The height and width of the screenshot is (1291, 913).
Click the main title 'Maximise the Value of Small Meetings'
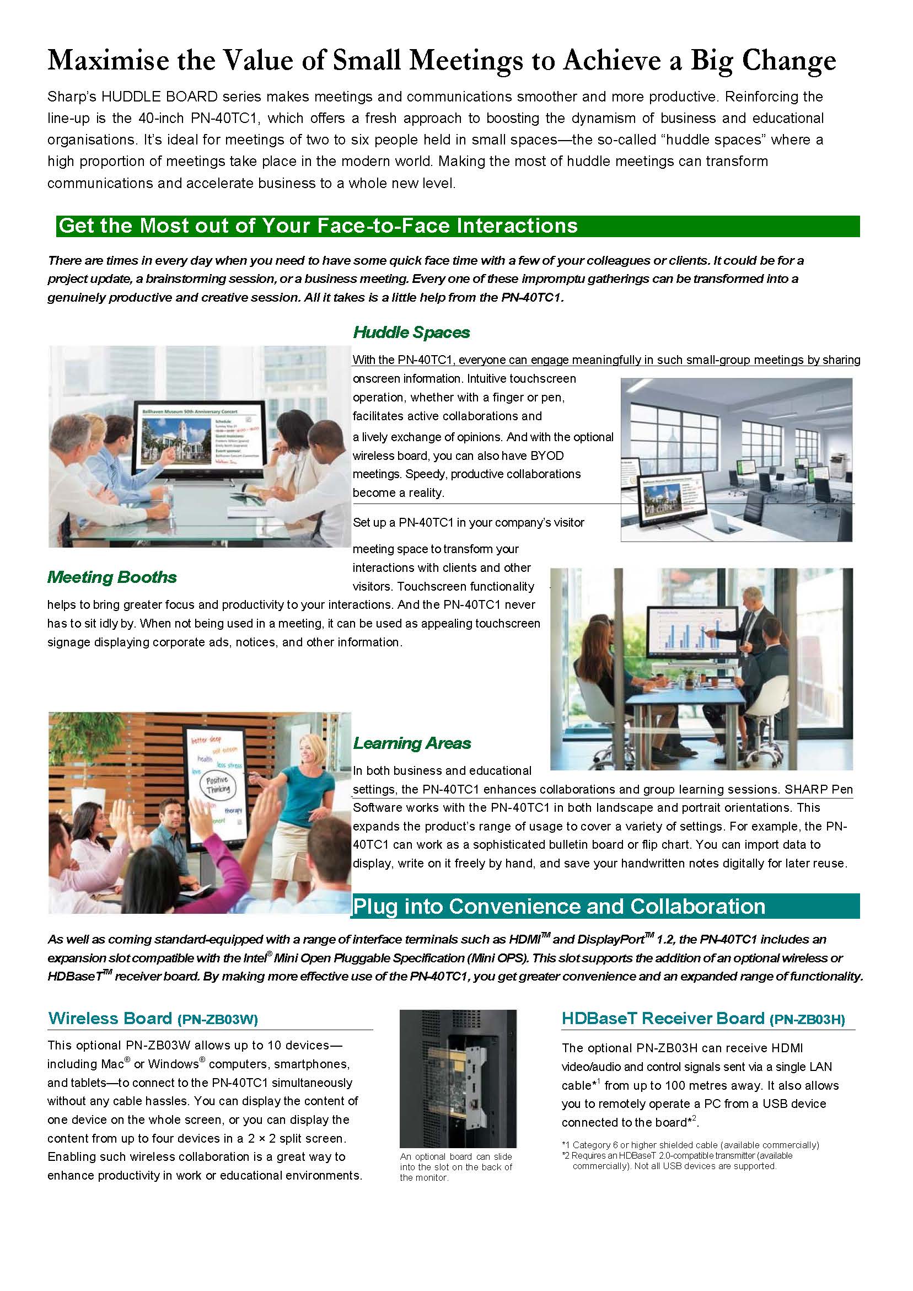click(441, 61)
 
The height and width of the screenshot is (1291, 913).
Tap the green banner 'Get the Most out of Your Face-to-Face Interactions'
click(318, 226)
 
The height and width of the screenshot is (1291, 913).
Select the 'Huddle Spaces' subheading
click(411, 333)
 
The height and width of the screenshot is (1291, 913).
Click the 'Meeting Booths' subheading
click(112, 577)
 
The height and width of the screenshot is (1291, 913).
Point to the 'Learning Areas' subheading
click(411, 743)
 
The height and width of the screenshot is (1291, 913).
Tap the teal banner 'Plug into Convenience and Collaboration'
click(559, 907)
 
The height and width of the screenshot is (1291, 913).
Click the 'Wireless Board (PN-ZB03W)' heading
click(153, 1018)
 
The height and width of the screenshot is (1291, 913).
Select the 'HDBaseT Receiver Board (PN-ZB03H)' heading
click(703, 1018)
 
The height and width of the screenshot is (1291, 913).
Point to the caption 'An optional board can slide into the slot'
click(456, 1167)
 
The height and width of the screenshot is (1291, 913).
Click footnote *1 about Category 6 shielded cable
click(690, 1145)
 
